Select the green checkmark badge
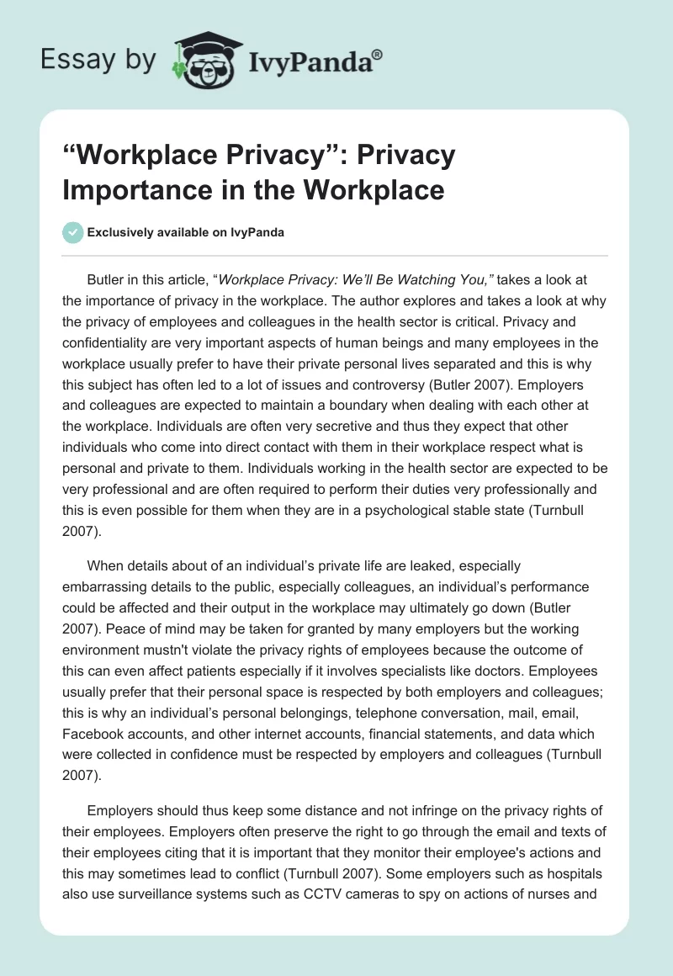73,232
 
